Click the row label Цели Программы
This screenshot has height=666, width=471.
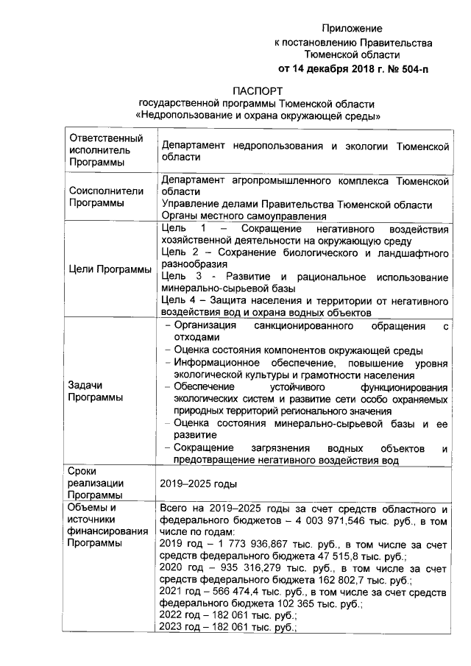(x=109, y=269)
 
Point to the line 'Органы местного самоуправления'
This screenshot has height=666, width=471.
(x=243, y=216)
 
